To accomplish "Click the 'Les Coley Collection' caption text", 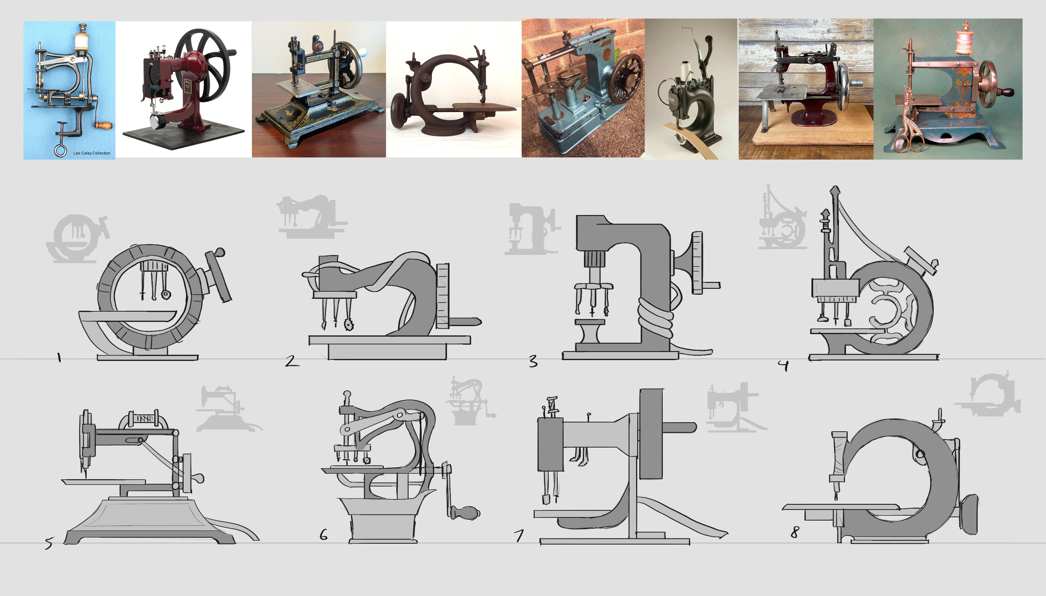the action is coord(92,153).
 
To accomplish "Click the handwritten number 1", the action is coord(59,357).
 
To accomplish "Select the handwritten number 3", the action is coord(533,361).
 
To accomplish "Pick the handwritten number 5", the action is coord(49,543).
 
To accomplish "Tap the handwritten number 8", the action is coord(795,532).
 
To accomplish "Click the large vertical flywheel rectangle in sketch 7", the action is coord(651,434).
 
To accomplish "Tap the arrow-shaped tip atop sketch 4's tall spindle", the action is coord(834,191).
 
